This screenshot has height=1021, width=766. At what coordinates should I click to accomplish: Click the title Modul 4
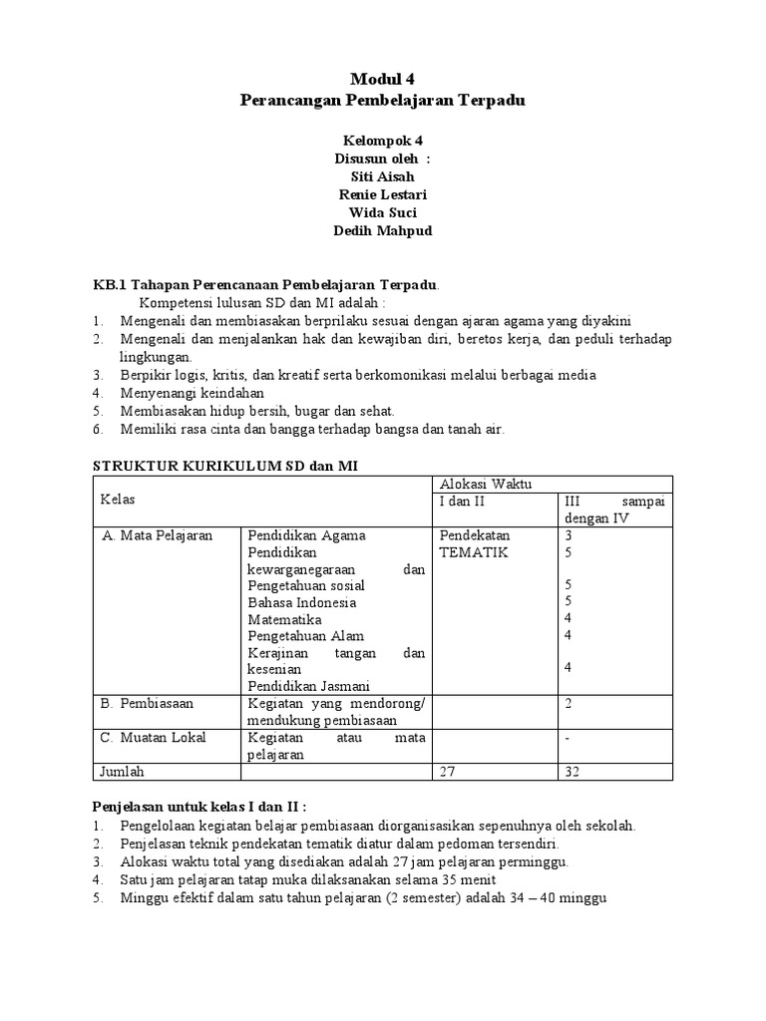coord(383,79)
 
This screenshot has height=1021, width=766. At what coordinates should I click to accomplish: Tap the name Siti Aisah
coord(383,175)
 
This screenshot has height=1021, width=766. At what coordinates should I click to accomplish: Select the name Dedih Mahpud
coord(383,230)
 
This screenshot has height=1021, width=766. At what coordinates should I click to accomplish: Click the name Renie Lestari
coord(383,193)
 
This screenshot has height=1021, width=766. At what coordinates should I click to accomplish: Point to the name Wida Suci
coord(383,212)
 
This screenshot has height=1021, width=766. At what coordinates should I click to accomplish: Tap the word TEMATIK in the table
coord(474,552)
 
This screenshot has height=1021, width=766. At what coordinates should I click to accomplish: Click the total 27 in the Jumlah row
coord(448,772)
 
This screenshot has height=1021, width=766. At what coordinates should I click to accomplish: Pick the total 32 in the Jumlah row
coord(573,772)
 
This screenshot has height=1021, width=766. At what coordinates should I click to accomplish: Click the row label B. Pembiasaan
coord(148,703)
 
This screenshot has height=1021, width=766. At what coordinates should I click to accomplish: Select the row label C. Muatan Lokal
coord(153,738)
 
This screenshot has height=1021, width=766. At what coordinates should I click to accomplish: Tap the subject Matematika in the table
coord(285,619)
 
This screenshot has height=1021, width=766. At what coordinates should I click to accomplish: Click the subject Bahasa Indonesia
coord(302,602)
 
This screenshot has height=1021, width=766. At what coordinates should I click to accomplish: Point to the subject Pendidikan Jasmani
coord(308,686)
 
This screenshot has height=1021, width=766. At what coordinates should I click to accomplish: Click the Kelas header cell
coord(119,499)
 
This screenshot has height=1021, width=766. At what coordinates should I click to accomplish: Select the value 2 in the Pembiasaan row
coord(569,703)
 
